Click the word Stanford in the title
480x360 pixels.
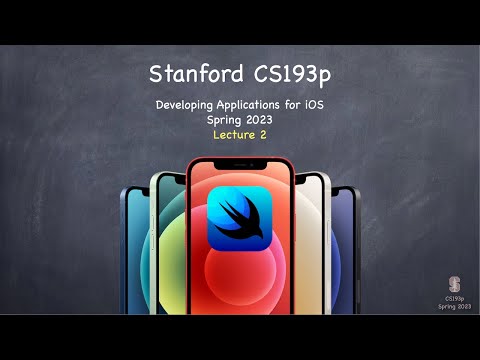click(191, 75)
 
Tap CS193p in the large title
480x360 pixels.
click(287, 75)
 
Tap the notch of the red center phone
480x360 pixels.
click(240, 162)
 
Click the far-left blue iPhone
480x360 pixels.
click(133, 250)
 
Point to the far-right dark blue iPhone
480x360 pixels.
click(345, 250)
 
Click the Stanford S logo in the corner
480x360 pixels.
click(455, 284)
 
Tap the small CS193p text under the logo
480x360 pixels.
click(455, 297)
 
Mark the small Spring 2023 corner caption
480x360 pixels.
click(455, 305)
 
